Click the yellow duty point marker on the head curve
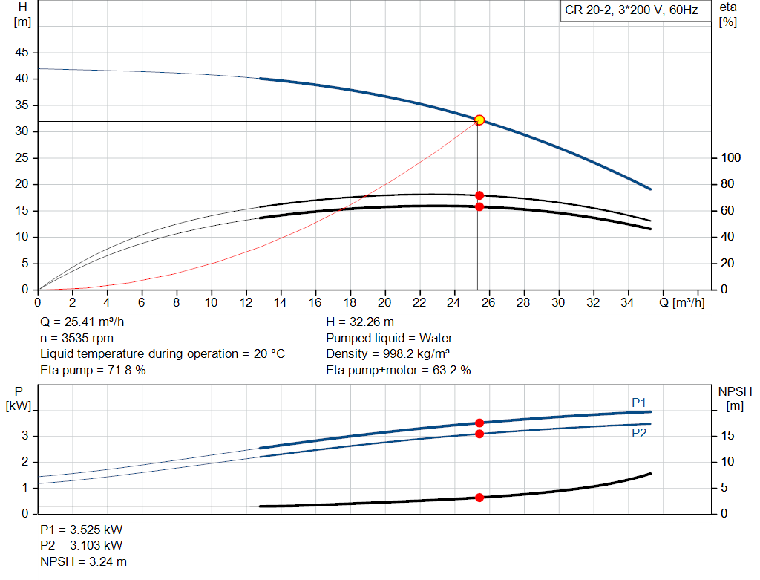point(479,120)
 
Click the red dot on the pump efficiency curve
point(479,195)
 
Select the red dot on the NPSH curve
point(479,497)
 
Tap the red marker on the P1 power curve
point(479,423)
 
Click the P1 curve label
point(639,403)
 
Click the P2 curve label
point(639,434)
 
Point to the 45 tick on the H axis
point(22,53)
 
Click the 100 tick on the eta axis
point(731,158)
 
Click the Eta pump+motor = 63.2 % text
point(398,369)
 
